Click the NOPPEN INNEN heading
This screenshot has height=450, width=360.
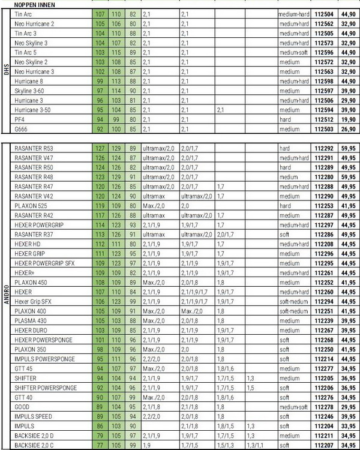tap(36, 4)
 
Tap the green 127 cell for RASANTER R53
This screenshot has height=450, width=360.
tap(100, 148)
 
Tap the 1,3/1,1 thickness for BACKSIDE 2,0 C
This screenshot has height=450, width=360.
tap(255, 445)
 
